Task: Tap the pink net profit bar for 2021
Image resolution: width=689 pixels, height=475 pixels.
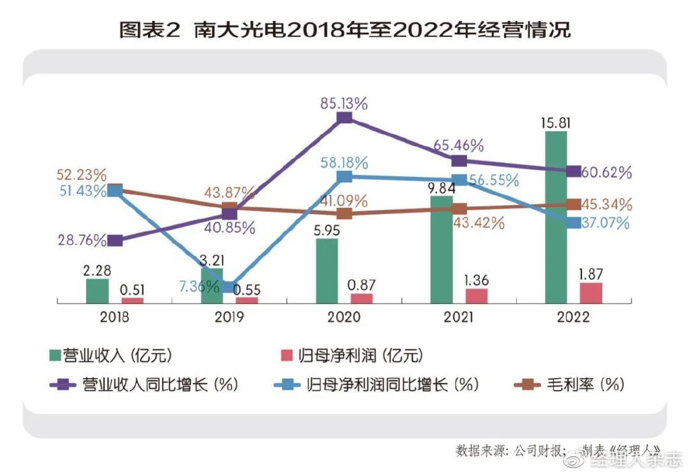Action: point(476,296)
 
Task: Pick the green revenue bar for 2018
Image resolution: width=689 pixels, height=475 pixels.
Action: point(98,291)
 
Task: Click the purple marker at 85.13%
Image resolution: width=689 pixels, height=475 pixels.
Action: point(344,118)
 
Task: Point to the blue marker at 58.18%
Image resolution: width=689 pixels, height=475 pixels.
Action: point(344,176)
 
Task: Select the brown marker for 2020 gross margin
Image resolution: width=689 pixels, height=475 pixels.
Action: point(344,213)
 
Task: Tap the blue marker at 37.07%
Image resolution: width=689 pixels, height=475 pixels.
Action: point(573,223)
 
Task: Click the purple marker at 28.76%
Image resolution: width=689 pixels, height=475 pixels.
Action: point(115,240)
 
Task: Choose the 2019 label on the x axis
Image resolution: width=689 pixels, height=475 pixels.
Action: point(229,317)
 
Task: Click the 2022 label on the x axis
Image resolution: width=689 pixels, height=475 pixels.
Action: point(573,317)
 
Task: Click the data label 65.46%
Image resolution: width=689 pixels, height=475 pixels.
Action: point(460,145)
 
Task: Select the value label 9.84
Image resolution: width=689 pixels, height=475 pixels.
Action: point(441,188)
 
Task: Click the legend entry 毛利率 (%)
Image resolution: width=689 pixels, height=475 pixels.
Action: point(569,385)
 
